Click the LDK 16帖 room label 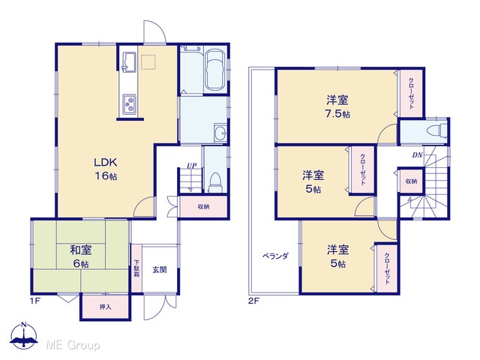105,169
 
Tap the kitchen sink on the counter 129,62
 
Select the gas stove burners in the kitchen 129,104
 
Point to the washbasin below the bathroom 220,133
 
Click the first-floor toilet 215,183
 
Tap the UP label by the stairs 192,166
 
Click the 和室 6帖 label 81,256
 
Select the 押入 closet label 105,307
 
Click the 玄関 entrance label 160,270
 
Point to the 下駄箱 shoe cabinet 136,268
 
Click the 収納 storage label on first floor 203,207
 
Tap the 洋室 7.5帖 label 337,106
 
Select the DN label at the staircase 417,155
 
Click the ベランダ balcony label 275,256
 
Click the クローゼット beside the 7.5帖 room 411,93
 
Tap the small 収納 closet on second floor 411,181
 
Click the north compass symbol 24,335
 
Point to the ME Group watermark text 73,345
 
